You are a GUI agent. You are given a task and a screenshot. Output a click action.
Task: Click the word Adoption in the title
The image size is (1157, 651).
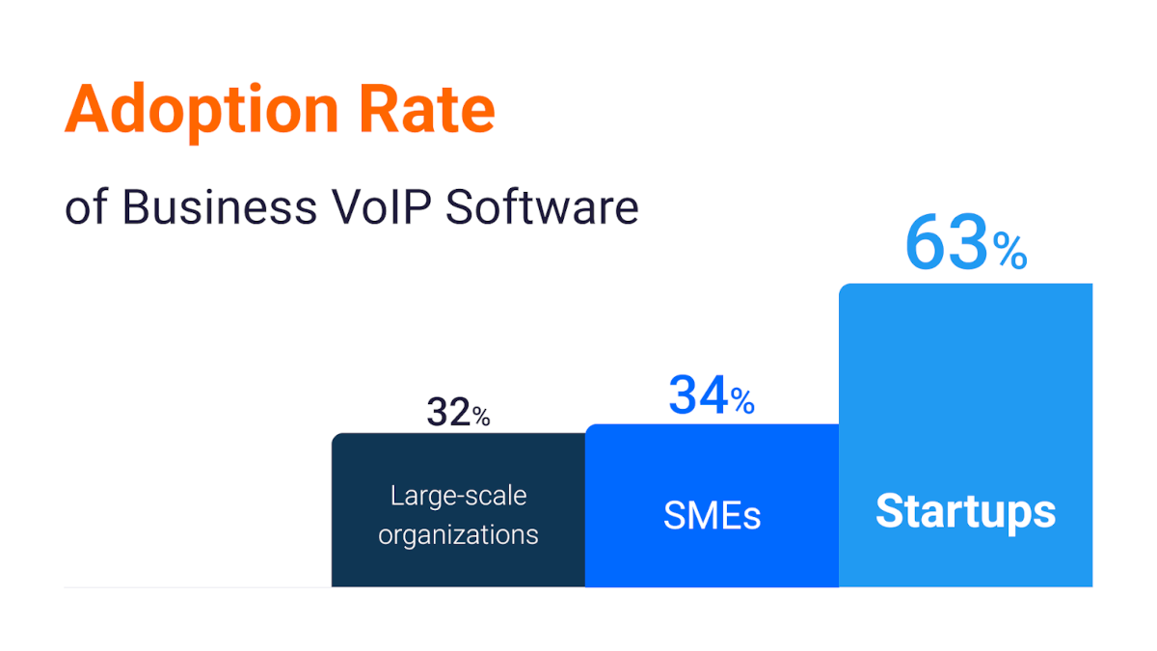[202, 110]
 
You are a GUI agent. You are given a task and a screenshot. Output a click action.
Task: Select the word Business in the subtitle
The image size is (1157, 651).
[220, 207]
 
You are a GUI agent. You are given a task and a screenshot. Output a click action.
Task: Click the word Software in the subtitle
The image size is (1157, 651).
[542, 207]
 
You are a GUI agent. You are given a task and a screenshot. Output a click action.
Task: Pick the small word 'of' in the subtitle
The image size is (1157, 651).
[85, 208]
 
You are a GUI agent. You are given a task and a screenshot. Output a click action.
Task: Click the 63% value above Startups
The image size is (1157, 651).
[965, 245]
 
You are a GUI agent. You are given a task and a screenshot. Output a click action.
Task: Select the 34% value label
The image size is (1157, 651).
[712, 396]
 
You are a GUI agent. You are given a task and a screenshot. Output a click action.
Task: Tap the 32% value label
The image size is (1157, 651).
[458, 413]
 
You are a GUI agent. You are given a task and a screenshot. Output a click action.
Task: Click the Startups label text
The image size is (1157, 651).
[965, 510]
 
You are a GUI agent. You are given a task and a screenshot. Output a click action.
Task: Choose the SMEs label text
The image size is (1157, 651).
[712, 516]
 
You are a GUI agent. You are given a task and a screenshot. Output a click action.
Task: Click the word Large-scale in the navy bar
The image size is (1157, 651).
[458, 496]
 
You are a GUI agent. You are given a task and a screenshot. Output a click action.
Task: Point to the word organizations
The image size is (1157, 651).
[458, 533]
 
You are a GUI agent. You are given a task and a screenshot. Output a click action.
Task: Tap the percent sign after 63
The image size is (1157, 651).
[1010, 254]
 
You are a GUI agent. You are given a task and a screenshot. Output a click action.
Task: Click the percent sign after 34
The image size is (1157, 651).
[742, 401]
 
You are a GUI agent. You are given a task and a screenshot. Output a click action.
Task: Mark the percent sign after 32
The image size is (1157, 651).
[481, 417]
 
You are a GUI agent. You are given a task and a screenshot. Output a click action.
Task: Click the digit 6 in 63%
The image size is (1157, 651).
[927, 245]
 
